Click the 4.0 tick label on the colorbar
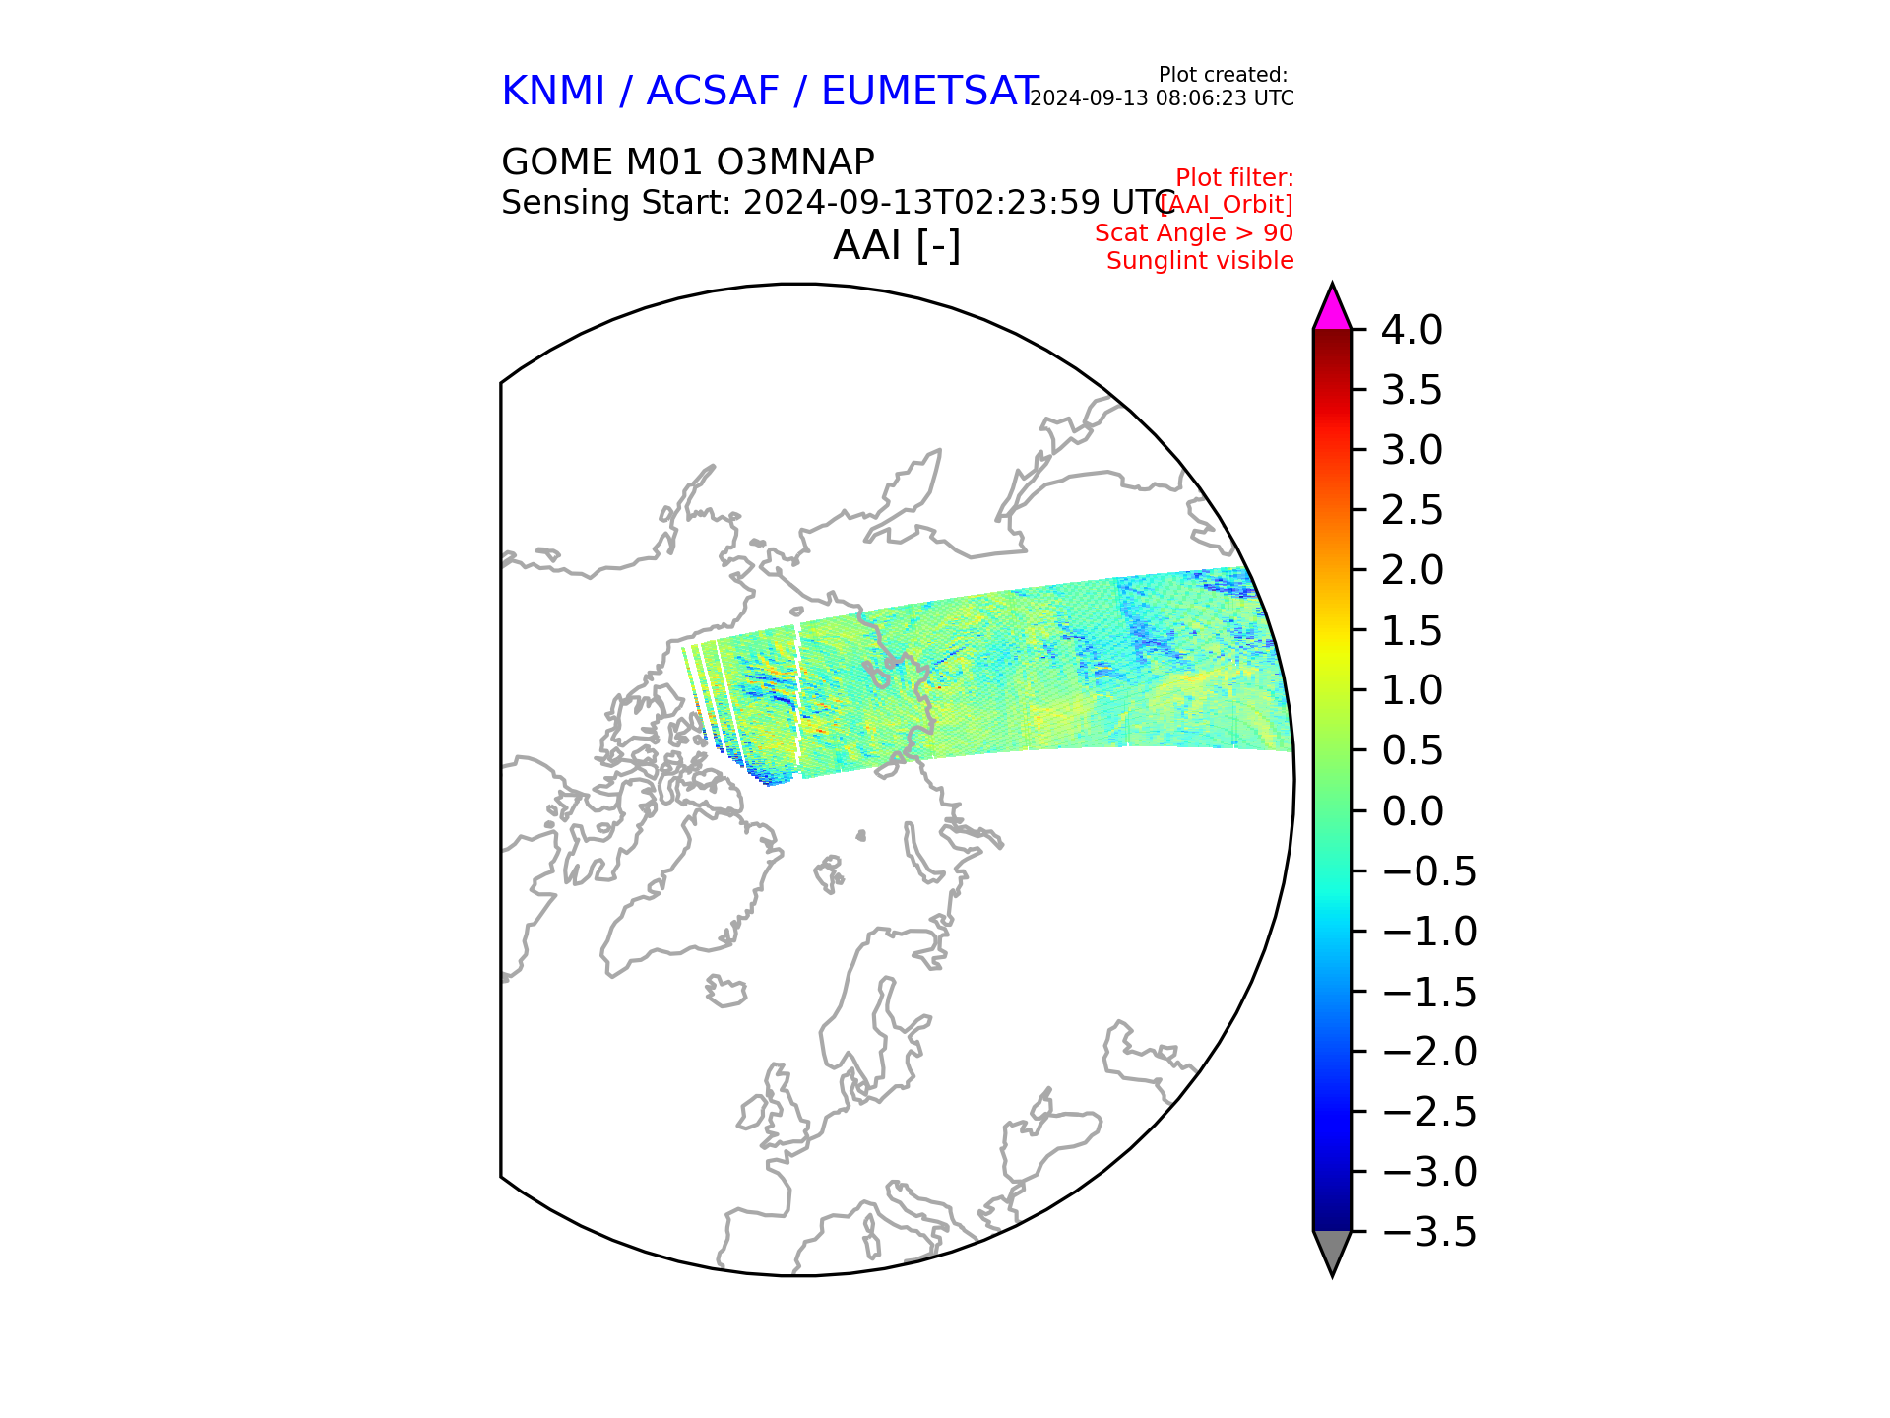[x=1412, y=330]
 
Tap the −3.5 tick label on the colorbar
[x=1429, y=1232]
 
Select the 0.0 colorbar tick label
[x=1412, y=811]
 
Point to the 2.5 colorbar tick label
[x=1412, y=510]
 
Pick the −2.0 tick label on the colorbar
[x=1429, y=1052]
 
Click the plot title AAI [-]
[x=897, y=245]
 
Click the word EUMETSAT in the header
[x=929, y=91]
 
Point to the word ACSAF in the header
[x=713, y=91]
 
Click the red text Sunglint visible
[x=1200, y=261]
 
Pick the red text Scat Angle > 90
[x=1194, y=233]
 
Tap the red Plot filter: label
[x=1234, y=178]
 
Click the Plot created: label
[x=1223, y=75]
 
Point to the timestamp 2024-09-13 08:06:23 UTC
[x=1162, y=98]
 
